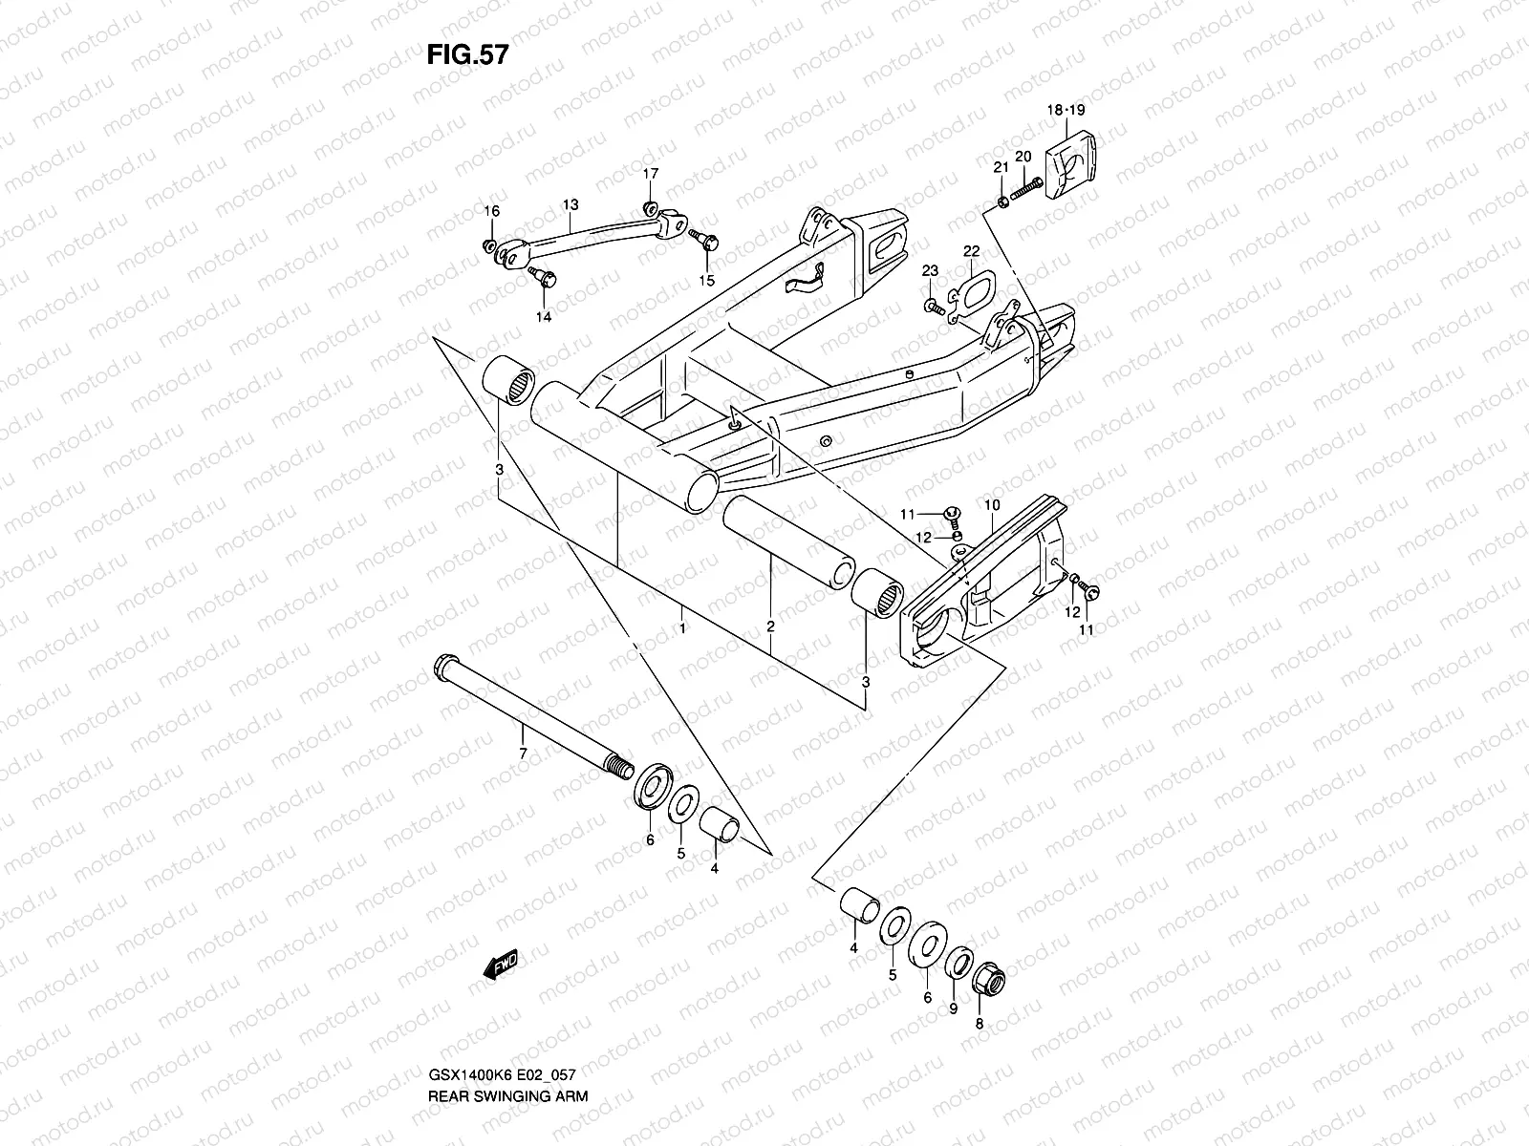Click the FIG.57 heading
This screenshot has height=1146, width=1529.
[x=466, y=55]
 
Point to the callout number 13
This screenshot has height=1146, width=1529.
[x=571, y=204]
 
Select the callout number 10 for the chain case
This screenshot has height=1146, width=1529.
[x=991, y=504]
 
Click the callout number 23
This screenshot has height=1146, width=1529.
[x=930, y=272]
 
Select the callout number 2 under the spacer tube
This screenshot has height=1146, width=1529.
[x=770, y=627]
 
